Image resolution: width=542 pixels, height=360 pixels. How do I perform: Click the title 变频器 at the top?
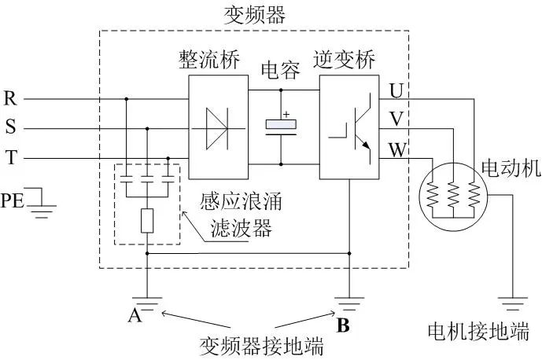[x=255, y=15]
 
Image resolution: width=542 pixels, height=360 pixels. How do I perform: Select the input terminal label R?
[x=10, y=99]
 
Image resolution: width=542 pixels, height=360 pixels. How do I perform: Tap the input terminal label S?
[x=10, y=128]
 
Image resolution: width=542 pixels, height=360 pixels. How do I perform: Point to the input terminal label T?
[x=10, y=158]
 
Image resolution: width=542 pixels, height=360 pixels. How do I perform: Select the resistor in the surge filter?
[x=147, y=222]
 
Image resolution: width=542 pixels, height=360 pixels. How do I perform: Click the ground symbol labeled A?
[x=147, y=301]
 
